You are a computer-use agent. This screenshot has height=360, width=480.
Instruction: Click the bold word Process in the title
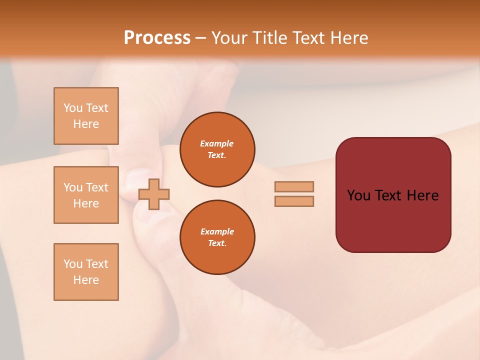tap(157, 38)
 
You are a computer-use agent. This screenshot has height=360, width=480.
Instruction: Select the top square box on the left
tap(86, 116)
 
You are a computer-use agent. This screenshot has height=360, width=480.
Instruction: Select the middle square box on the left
tap(86, 195)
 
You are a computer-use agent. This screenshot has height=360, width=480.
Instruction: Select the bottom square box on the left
tap(86, 272)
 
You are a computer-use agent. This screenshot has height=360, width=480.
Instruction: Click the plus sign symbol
tap(154, 194)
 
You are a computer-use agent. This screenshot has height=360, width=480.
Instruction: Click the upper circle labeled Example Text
tap(217, 149)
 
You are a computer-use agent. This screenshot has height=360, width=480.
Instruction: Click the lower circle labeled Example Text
tap(217, 237)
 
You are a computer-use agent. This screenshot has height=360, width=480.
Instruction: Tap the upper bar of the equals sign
tap(294, 187)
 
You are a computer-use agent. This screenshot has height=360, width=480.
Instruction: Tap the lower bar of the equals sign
tap(294, 201)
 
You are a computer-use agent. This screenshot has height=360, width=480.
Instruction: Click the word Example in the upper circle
tap(217, 143)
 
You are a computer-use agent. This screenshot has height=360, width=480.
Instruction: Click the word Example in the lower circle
tap(217, 231)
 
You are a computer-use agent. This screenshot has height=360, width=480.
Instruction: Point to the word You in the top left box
tap(72, 108)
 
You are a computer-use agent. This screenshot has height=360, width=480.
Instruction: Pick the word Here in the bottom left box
tap(86, 280)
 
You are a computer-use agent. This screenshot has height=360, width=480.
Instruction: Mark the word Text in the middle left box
tap(97, 187)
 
